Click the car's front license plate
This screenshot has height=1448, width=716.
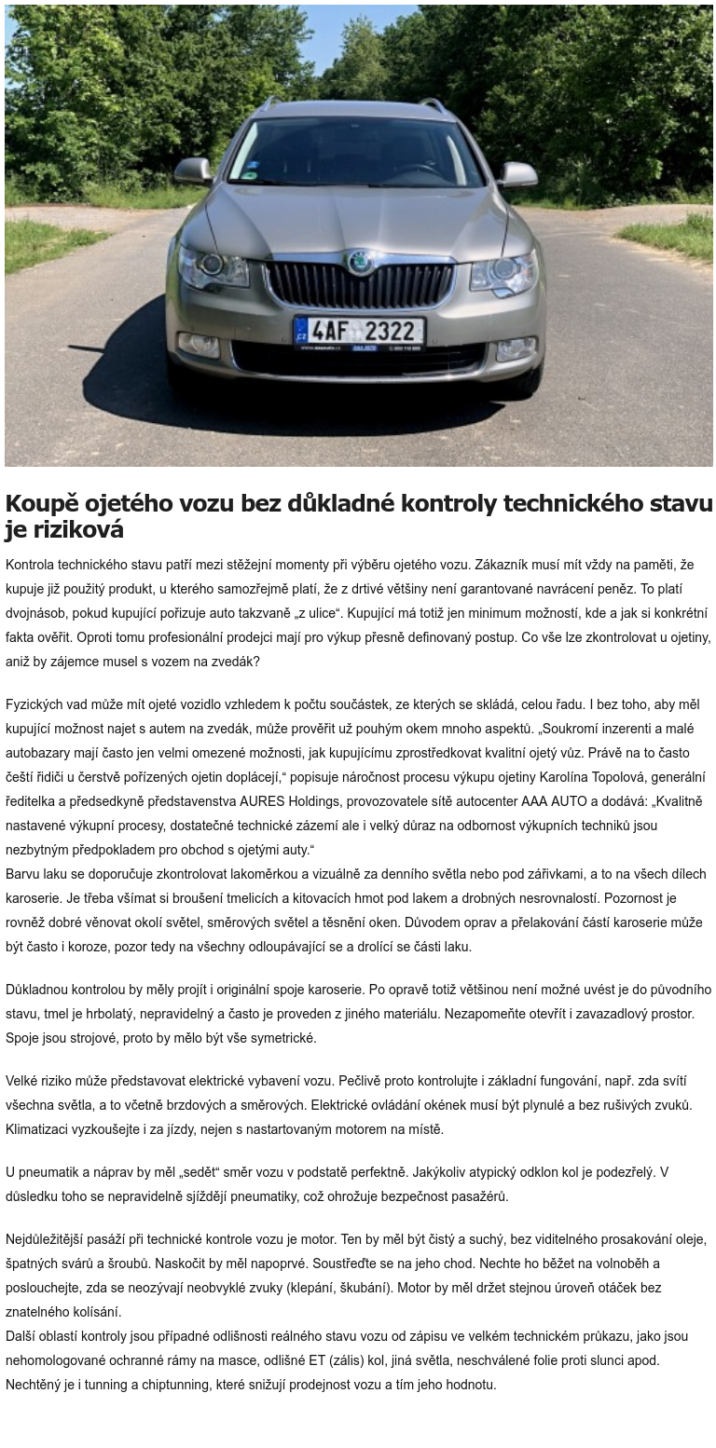[x=360, y=331]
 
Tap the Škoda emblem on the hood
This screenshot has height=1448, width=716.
[x=358, y=263]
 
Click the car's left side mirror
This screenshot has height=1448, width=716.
[x=193, y=171]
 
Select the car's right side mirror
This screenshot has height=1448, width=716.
[x=517, y=174]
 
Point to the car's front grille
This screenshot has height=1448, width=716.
[x=359, y=285]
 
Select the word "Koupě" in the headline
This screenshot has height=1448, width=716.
[x=40, y=504]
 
